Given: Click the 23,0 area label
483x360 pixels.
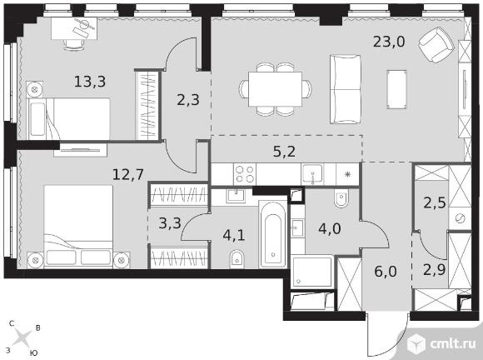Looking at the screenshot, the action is click(x=389, y=42).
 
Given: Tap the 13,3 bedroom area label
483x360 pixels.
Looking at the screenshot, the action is click(x=90, y=82).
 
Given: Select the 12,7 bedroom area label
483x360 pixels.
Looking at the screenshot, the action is click(x=128, y=175).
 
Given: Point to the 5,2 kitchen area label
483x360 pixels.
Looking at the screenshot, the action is click(x=284, y=152).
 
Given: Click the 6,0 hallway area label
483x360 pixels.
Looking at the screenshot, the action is click(x=386, y=272).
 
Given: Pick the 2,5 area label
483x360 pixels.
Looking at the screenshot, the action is click(x=435, y=203).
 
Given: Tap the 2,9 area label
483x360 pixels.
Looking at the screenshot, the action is click(x=435, y=270).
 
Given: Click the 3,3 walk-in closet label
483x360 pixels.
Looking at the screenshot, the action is click(x=170, y=223).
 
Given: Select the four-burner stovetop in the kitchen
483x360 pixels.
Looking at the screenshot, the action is click(x=245, y=174).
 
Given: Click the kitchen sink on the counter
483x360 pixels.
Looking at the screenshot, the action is click(x=312, y=174).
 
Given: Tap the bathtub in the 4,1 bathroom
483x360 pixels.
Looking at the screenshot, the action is click(x=273, y=234).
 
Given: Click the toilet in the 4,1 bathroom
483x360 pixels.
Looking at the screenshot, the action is click(x=237, y=259).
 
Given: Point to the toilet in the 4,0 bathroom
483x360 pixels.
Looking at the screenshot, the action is click(x=341, y=198).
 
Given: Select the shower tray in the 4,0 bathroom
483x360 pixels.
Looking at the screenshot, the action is click(x=311, y=271).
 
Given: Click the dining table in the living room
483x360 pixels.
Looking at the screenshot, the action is click(x=275, y=89).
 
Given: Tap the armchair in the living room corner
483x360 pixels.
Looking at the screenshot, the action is click(x=436, y=45).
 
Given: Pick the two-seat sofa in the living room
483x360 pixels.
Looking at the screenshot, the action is click(x=345, y=89).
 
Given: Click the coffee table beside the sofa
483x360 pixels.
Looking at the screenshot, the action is click(x=396, y=89).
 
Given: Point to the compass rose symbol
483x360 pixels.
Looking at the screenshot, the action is click(x=22, y=338).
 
